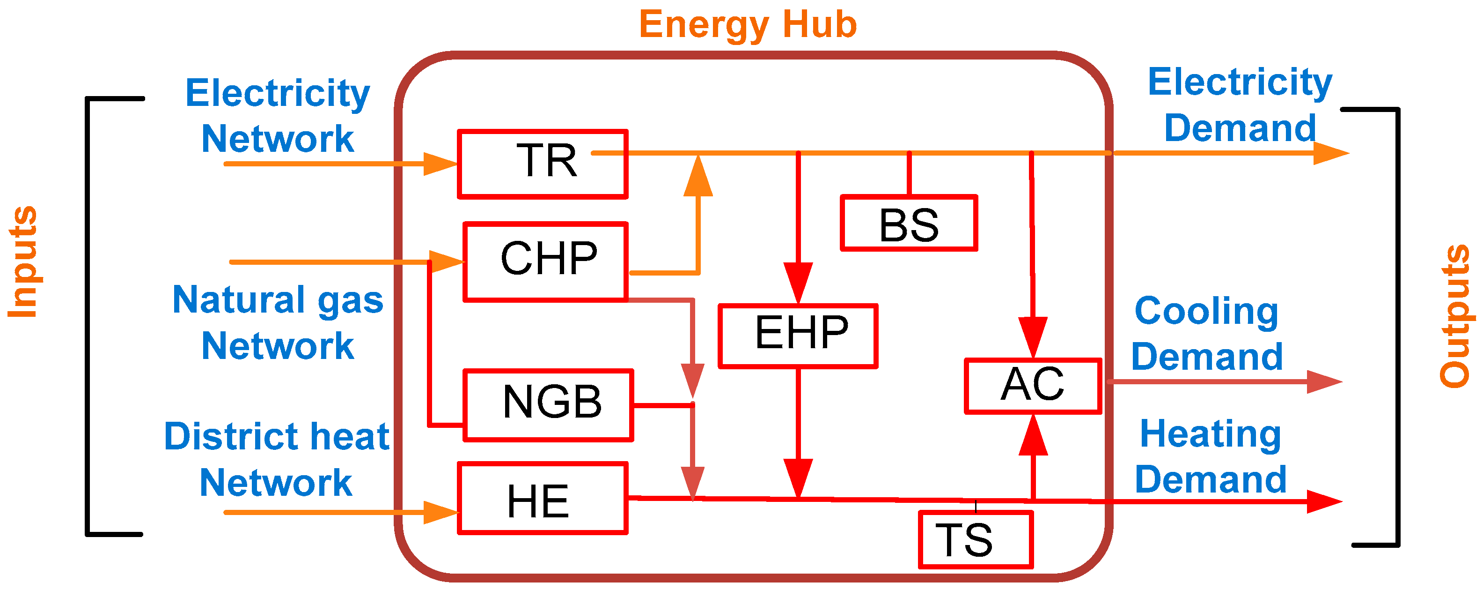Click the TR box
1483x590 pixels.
point(542,164)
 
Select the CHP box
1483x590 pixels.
point(546,262)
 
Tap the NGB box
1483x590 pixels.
point(548,405)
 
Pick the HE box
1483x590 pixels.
point(542,499)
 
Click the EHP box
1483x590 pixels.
point(798,336)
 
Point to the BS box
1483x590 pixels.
point(909,223)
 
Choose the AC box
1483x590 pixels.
point(1033,386)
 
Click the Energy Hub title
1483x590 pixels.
point(748,24)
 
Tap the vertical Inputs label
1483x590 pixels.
point(23,261)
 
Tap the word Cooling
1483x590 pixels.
point(1206,311)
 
